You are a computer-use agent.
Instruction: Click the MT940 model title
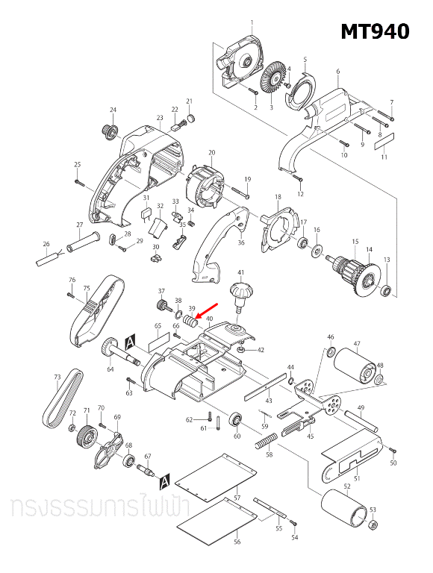pos(375,31)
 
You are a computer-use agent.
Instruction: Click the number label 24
pos(113,110)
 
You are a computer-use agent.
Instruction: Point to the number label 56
pos(237,542)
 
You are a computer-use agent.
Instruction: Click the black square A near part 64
pos(131,341)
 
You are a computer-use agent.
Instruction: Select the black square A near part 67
pos(165,477)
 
